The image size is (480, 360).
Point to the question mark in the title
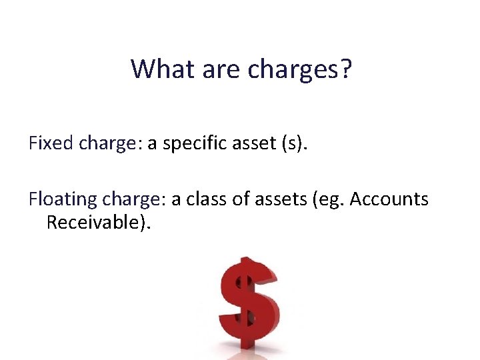[344, 68]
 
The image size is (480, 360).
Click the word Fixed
[51, 143]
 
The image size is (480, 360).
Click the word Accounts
[389, 199]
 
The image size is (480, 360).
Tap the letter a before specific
[152, 145]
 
